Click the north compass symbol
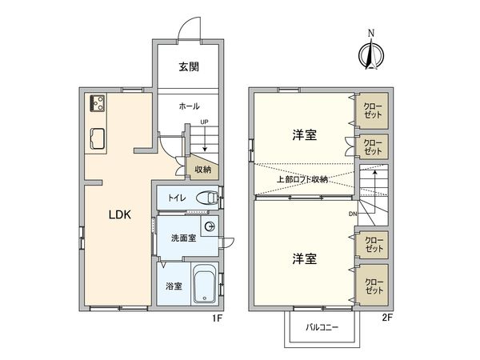click(370, 51)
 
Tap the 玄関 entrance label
click(190, 66)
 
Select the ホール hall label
click(189, 106)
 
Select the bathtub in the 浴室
click(206, 285)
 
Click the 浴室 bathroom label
click(174, 286)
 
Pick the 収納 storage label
click(202, 169)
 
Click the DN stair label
click(352, 214)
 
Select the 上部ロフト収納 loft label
click(302, 179)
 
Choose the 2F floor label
click(387, 318)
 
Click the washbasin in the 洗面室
click(209, 228)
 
